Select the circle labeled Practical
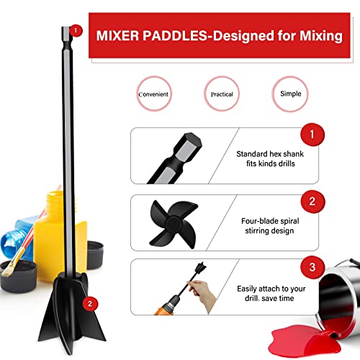(x=222, y=94)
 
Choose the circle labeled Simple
(x=289, y=94)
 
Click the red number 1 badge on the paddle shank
(x=77, y=31)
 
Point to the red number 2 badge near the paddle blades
(x=89, y=303)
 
